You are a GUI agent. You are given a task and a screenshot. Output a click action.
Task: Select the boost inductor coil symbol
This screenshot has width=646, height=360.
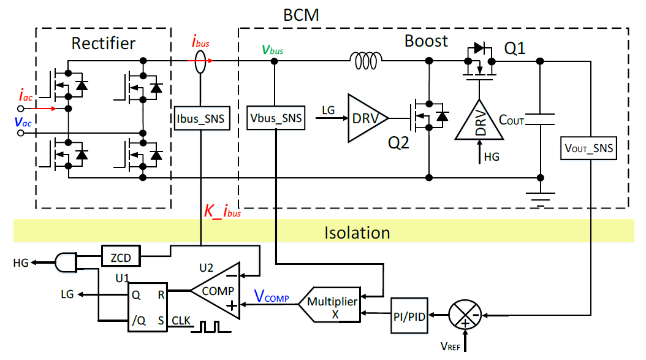pos(366,59)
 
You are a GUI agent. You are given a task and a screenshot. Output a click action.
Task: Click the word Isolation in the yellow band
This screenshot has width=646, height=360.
pos(357,233)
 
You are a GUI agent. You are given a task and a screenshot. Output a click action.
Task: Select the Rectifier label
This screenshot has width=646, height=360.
pos(103,44)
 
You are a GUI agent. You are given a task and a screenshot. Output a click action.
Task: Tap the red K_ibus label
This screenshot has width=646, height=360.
pos(222,213)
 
